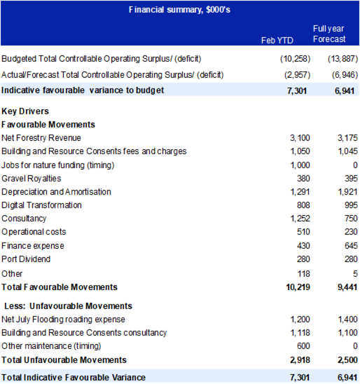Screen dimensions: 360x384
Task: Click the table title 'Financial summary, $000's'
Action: (179, 10)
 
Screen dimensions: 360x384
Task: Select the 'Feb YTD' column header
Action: (277, 41)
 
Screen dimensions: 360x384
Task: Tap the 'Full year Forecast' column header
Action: (329, 34)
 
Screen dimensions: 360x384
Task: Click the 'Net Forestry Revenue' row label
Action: (41, 138)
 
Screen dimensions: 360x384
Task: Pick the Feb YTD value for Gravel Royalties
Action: (303, 179)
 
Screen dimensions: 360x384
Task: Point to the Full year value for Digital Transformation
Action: (351, 205)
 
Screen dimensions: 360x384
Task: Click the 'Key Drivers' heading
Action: (25, 111)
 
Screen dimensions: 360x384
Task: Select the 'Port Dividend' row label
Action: (26, 259)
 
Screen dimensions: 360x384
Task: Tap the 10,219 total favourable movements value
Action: (298, 287)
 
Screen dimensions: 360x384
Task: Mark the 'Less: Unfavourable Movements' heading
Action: (68, 306)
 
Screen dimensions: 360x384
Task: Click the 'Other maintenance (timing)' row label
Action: (51, 346)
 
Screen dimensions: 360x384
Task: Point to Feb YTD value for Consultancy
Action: (300, 219)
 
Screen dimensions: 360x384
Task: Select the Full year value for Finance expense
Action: (351, 246)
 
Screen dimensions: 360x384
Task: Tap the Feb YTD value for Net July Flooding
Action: (300, 320)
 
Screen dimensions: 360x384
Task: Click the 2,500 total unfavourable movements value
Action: (347, 360)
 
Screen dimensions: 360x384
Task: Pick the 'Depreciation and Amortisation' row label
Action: (56, 192)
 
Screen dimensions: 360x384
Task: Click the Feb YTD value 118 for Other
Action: (304, 274)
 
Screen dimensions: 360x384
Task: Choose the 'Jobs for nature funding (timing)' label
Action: (57, 165)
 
